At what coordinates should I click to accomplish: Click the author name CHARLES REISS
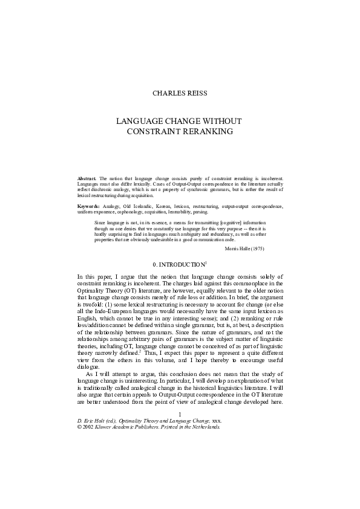coord(180,93)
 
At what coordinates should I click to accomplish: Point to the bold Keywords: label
coord(90,207)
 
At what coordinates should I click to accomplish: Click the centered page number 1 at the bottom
coord(180,413)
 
